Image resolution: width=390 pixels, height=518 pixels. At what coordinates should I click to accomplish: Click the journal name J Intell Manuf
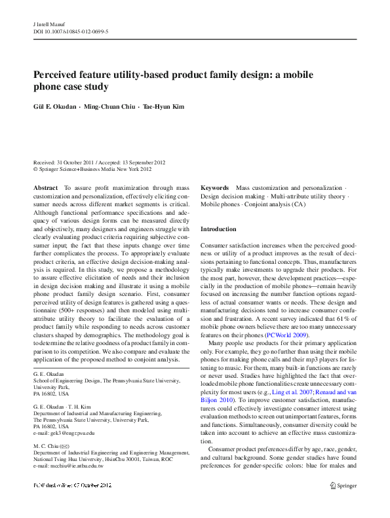tap(48, 23)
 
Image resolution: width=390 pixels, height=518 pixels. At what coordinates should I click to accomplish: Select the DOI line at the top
tap(71, 30)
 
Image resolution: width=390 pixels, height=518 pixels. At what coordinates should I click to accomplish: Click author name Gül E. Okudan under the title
tap(55, 107)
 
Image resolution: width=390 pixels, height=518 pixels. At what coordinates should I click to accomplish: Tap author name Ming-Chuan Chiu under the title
tap(107, 107)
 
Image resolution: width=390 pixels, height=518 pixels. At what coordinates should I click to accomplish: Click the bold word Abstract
tap(46, 188)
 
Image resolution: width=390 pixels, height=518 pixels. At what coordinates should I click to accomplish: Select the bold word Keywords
tap(214, 188)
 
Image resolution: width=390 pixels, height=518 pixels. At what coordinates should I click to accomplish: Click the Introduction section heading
tap(218, 229)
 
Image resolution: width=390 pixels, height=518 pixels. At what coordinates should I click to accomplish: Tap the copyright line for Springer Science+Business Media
tap(92, 169)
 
